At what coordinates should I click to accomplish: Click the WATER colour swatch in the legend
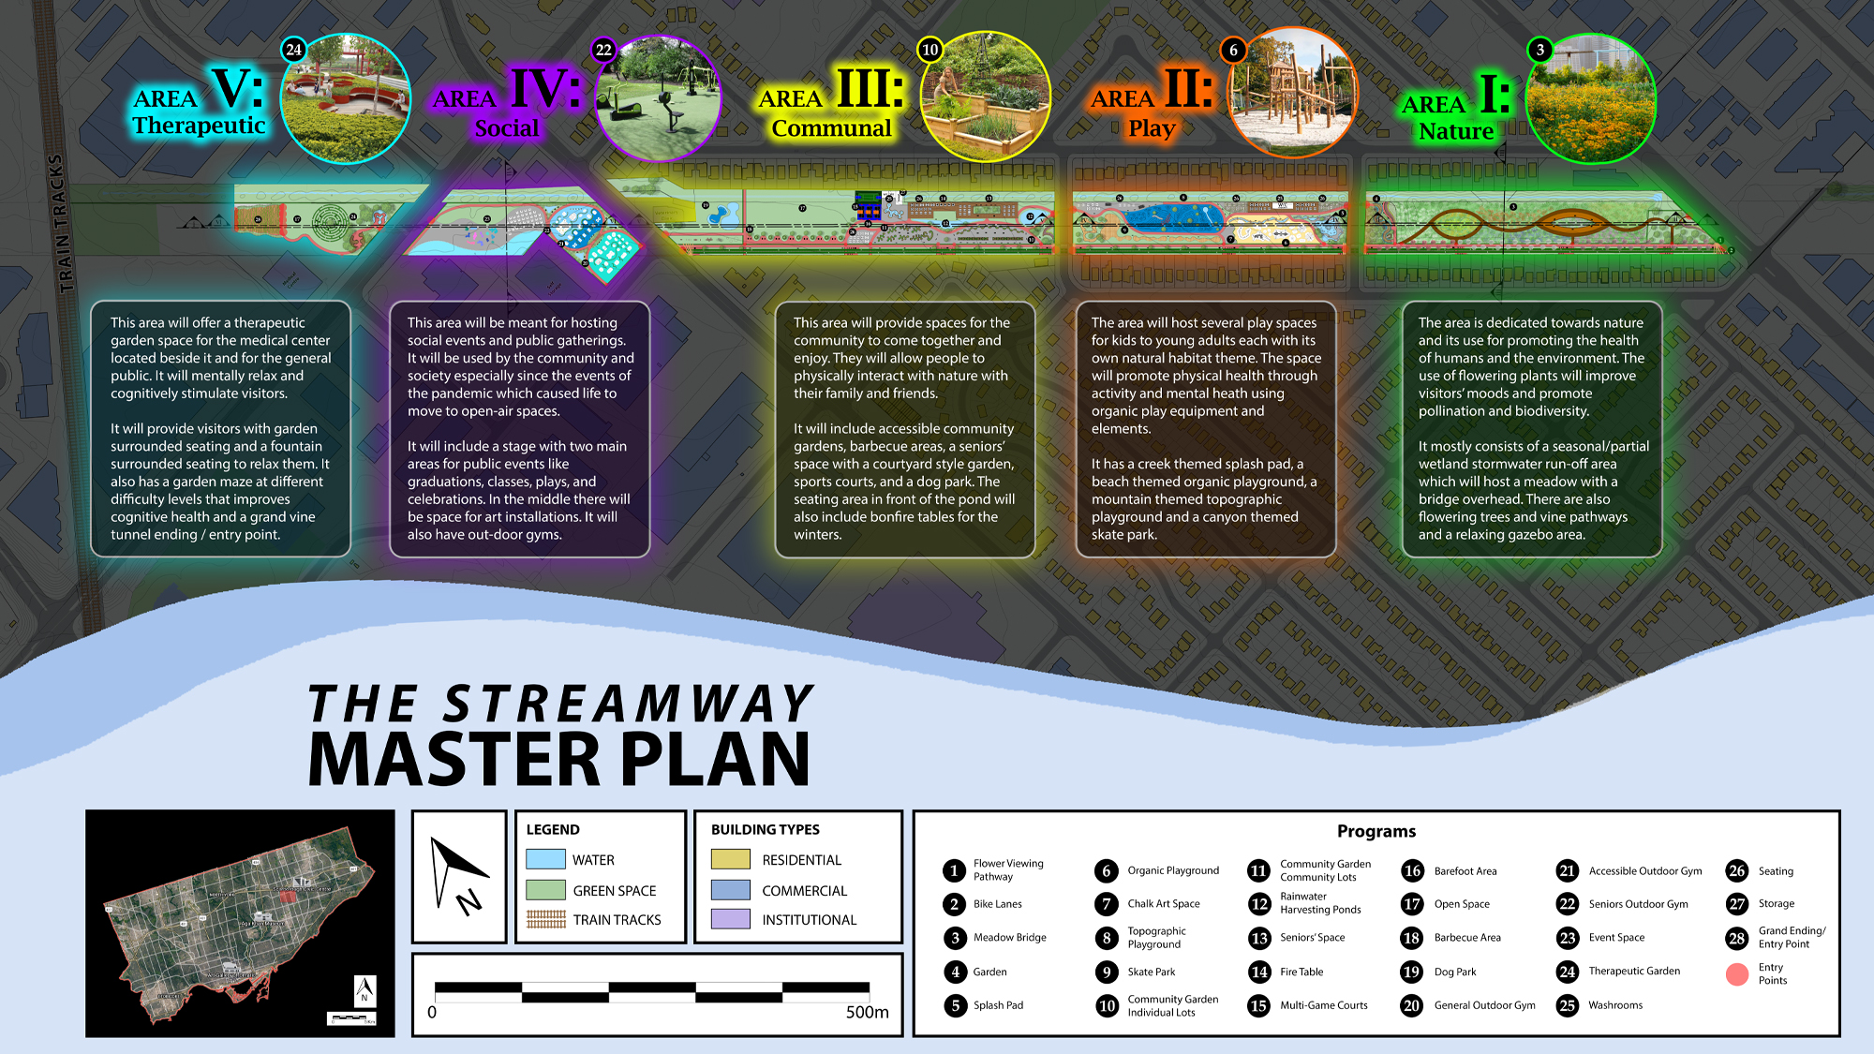[x=545, y=859]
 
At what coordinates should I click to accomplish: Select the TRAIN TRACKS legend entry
[x=617, y=920]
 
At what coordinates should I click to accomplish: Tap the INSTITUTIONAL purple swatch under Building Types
[x=731, y=919]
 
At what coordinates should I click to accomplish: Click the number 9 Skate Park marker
[x=1107, y=972]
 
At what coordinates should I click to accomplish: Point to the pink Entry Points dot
[x=1737, y=974]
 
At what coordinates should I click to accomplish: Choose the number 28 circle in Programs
[x=1737, y=938]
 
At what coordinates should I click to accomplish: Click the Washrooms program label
[x=1615, y=1005]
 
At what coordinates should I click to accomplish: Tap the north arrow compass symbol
[x=458, y=876]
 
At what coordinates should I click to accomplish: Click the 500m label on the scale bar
[x=867, y=1012]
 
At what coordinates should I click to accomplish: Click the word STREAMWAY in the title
[x=628, y=705]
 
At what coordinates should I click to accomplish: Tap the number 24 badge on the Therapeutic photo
[x=294, y=50]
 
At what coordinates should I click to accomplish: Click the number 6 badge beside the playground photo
[x=1233, y=50]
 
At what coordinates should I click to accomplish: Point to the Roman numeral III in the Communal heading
[x=870, y=89]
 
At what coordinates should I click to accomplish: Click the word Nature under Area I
[x=1455, y=131]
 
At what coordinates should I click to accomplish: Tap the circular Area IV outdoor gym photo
[x=659, y=99]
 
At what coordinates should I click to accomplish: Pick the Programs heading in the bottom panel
[x=1376, y=831]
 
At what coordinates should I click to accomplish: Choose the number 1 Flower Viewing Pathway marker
[x=954, y=870]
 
